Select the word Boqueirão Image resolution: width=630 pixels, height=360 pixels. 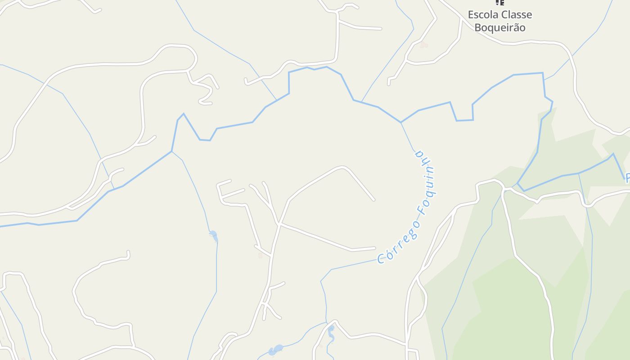500,27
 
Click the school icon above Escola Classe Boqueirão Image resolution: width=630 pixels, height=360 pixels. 499,3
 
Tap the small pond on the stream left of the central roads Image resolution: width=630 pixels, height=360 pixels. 213,235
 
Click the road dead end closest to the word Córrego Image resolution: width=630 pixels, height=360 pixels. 374,247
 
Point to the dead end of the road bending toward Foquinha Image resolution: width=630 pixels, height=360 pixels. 373,200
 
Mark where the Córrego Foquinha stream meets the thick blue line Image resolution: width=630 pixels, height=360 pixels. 401,122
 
